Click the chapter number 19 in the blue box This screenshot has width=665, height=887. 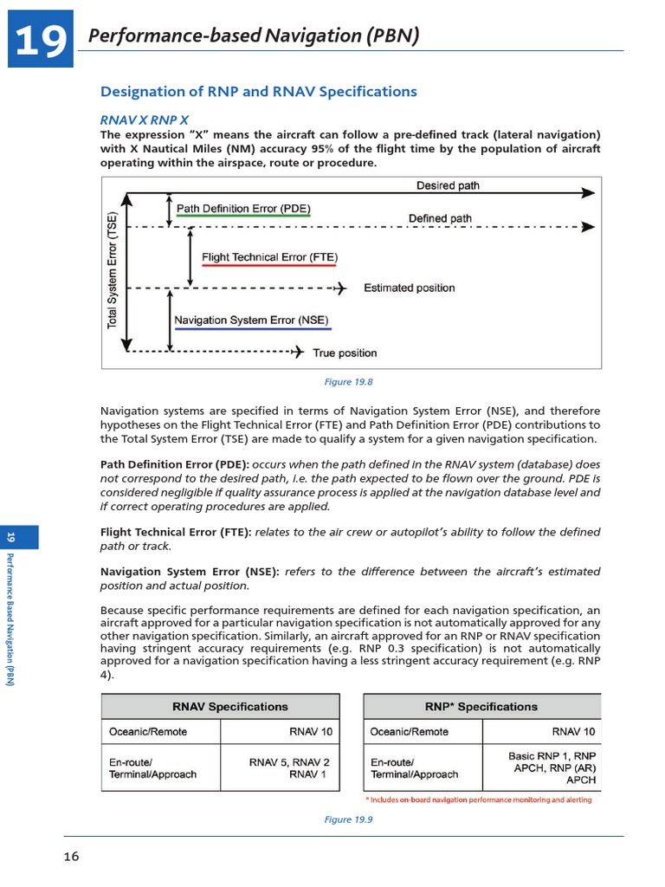pyautogui.click(x=40, y=40)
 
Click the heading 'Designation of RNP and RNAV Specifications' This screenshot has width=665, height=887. pyautogui.click(x=259, y=92)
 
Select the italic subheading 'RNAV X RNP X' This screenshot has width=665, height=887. pyautogui.click(x=145, y=120)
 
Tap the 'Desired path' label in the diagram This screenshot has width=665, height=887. pyautogui.click(x=448, y=185)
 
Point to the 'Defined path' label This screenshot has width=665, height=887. pyautogui.click(x=440, y=218)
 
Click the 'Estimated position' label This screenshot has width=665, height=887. pyautogui.click(x=409, y=288)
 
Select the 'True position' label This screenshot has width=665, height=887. pyautogui.click(x=345, y=353)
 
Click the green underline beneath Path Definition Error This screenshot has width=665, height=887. pyautogui.click(x=242, y=217)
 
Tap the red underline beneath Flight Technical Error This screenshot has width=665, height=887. pyautogui.click(x=269, y=266)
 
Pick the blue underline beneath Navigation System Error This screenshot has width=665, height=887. pyautogui.click(x=252, y=329)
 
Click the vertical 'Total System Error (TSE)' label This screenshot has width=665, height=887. pyautogui.click(x=112, y=271)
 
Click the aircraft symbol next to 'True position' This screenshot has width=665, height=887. pyautogui.click(x=298, y=352)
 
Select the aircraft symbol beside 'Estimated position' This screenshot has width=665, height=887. pyautogui.click(x=340, y=288)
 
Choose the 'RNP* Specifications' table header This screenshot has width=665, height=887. pyautogui.click(x=481, y=706)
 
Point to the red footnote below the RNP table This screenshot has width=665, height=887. pyautogui.click(x=479, y=800)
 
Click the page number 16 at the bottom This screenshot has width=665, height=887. pyautogui.click(x=71, y=857)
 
